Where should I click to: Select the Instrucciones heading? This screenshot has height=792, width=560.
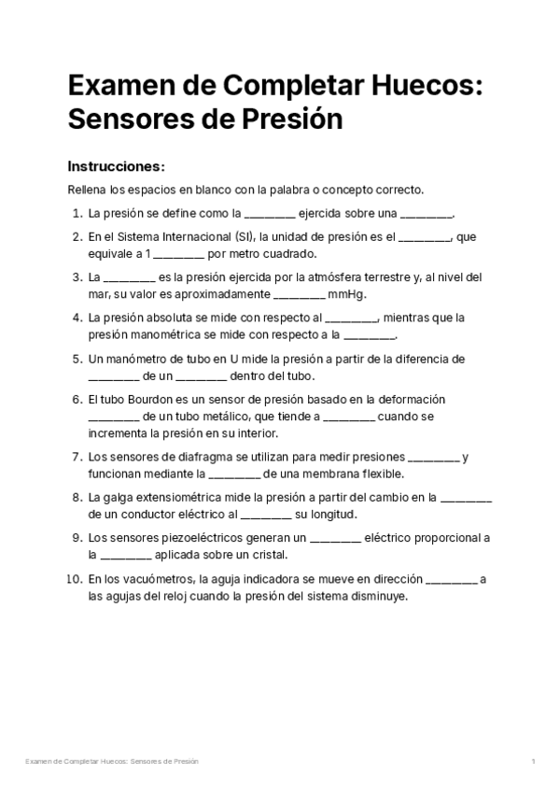[116, 166]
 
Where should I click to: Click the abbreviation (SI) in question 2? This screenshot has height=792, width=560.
[245, 237]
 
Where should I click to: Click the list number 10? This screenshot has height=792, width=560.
[74, 579]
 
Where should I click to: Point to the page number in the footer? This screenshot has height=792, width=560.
[533, 762]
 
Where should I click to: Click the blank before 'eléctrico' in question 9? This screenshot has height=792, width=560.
[334, 538]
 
